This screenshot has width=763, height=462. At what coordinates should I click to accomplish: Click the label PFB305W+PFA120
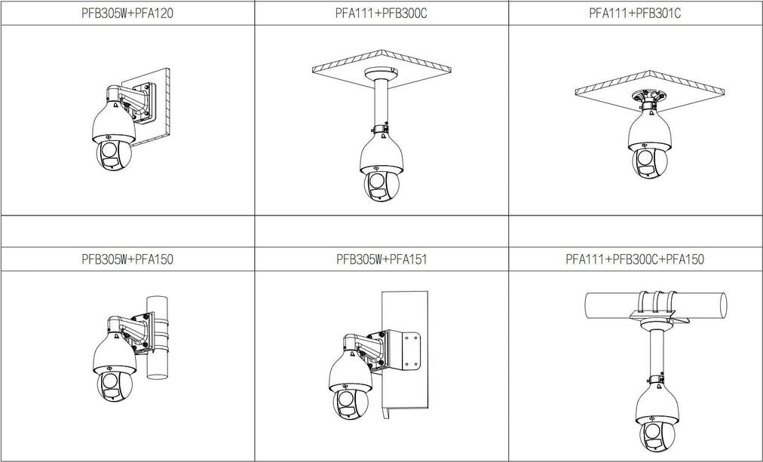[127, 14]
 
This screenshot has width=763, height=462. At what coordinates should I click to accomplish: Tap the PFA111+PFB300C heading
[381, 14]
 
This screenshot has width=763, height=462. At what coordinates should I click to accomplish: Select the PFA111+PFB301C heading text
[635, 14]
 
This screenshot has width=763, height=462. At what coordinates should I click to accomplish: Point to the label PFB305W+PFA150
[127, 259]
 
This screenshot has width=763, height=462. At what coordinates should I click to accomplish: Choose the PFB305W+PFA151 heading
[381, 259]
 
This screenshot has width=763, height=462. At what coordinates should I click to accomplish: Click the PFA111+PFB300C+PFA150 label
[635, 259]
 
